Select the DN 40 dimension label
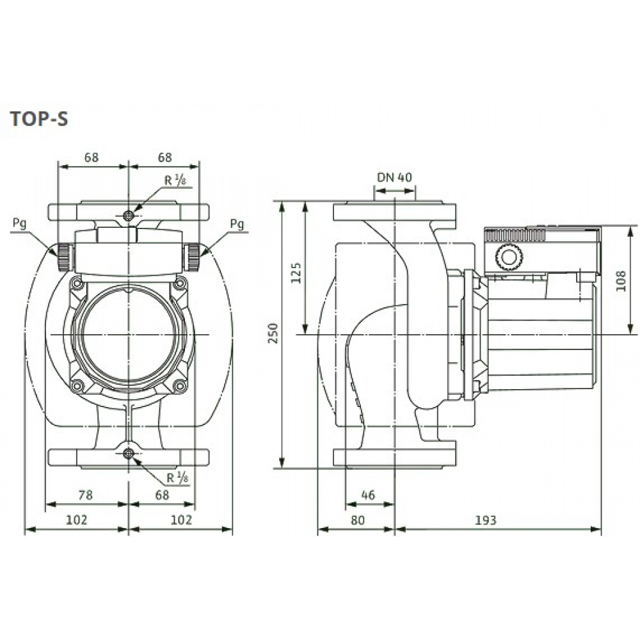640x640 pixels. point(394,177)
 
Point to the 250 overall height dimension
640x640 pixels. point(274,334)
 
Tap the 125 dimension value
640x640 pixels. point(296,272)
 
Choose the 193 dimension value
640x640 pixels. point(486,520)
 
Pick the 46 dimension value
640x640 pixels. point(367,495)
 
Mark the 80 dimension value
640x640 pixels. point(357,520)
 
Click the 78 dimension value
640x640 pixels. point(85,495)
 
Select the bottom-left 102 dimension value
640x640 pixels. point(76,520)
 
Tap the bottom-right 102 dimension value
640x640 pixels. point(181,520)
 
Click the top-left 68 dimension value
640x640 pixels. point(92,157)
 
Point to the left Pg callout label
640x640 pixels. point(20,223)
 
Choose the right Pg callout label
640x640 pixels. point(237,223)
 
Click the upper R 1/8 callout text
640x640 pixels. point(173,180)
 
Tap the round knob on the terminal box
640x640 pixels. point(508,259)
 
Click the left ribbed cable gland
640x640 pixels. point(64,256)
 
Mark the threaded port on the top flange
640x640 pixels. point(129,215)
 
